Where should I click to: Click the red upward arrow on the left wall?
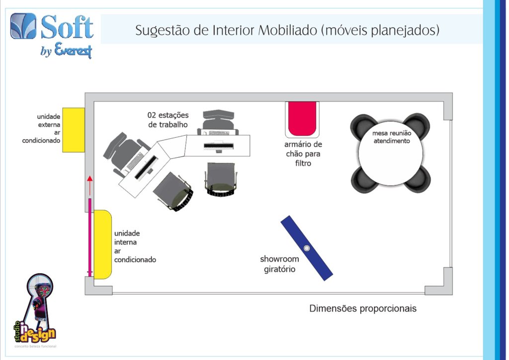[x=90, y=185]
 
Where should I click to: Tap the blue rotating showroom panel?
[x=307, y=248]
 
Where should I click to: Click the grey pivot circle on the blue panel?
[x=307, y=248]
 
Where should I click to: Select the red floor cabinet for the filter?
[x=302, y=118]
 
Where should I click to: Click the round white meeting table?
[x=391, y=153]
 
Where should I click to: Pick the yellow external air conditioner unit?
[x=74, y=130]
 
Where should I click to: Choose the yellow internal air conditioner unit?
[x=102, y=245]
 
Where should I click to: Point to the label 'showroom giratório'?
[x=279, y=264]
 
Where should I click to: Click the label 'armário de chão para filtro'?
[x=303, y=154]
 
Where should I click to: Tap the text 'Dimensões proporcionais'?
[x=362, y=308]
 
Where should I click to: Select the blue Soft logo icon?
[x=23, y=26]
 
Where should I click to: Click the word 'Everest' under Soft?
[x=74, y=50]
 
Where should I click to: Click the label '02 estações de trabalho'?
[x=168, y=120]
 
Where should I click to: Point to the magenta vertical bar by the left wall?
[x=90, y=237]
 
